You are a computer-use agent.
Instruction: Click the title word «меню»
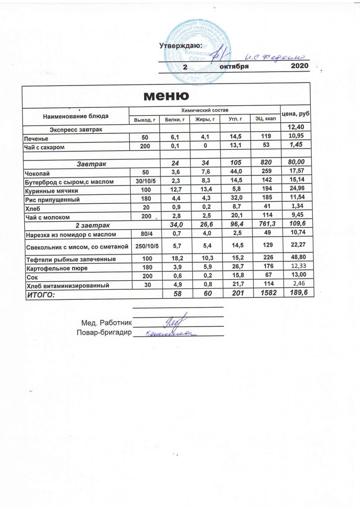coord(166,95)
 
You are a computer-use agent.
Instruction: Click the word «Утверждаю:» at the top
coord(177,46)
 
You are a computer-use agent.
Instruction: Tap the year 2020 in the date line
coord(299,66)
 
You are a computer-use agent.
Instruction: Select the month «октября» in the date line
coord(234,67)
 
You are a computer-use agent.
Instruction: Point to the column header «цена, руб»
coord(296,114)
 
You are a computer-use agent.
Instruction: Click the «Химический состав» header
coord(205,109)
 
